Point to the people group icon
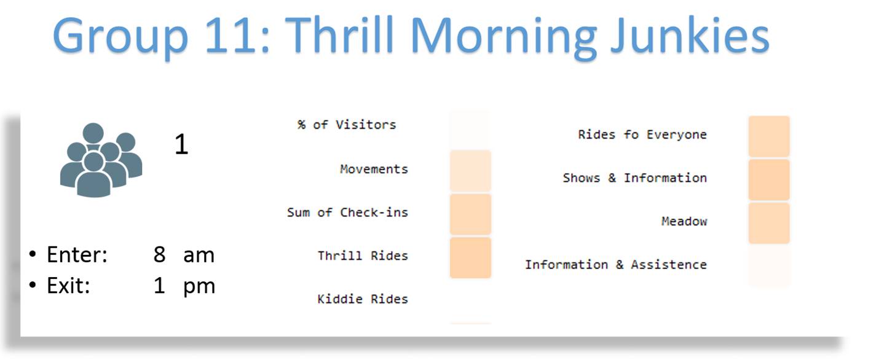[x=101, y=160]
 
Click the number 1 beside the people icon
[x=181, y=144]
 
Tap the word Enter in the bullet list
[x=77, y=255]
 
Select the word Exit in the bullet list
[x=68, y=286]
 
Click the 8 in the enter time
[x=159, y=255]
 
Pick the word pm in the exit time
[x=199, y=287]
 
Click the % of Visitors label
[x=347, y=125]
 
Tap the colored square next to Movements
[x=470, y=171]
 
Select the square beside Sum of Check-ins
[x=470, y=214]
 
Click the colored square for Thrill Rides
[x=470, y=258]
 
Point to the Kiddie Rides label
[x=363, y=299]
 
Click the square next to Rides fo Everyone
[x=769, y=136]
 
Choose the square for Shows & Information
[x=769, y=180]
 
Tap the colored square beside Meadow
[x=769, y=223]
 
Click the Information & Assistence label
[x=616, y=265]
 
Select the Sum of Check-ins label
[x=348, y=213]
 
